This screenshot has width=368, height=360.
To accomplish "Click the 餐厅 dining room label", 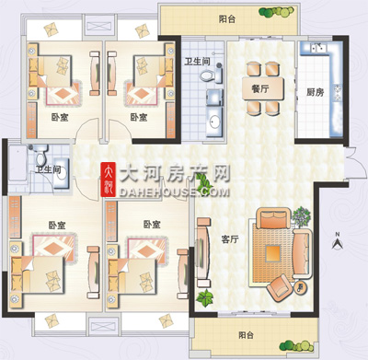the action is pos(260,89).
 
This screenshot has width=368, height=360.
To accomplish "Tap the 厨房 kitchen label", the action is pos(316,92).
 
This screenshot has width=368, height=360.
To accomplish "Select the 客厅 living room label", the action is pos(230,239).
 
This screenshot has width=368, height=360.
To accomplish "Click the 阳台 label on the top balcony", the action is pos(227,19).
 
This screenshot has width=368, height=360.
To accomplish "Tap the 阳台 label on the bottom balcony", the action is pos(247,335).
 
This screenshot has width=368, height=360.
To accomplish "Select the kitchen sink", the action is pos(317,48).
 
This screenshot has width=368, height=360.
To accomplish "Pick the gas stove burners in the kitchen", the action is pos(338,93).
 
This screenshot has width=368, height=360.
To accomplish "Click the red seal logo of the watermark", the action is pos(109,180).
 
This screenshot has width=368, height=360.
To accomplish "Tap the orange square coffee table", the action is pos(272,253).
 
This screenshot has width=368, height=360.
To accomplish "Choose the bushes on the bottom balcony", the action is pos(297,345).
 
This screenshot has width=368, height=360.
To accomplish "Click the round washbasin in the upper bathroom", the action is pos(214,122).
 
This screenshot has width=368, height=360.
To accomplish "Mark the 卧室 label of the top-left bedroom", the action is pos(60,117).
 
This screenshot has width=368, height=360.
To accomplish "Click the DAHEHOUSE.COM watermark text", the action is pos(174,192).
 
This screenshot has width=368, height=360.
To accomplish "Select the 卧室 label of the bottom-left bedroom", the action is pos(57,225).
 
